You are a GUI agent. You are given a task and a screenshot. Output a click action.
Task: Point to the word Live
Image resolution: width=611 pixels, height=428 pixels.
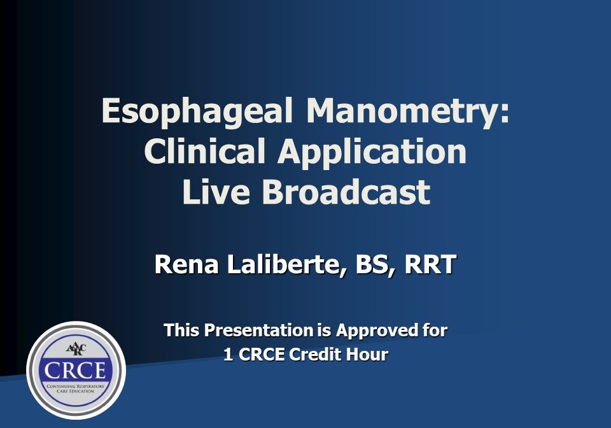pyautogui.click(x=216, y=192)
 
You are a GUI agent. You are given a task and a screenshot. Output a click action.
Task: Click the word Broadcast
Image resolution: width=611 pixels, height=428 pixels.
pyautogui.click(x=346, y=192)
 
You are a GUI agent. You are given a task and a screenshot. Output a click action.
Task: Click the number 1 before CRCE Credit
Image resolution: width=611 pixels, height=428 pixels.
pyautogui.click(x=228, y=355)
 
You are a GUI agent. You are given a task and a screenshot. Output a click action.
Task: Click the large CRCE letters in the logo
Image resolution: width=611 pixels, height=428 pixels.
pyautogui.click(x=76, y=370)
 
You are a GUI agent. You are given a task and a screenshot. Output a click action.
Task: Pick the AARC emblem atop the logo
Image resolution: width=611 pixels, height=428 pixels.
pyautogui.click(x=76, y=350)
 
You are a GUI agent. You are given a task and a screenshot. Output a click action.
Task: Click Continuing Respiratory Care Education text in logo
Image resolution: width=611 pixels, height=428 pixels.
pyautogui.click(x=76, y=388)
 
